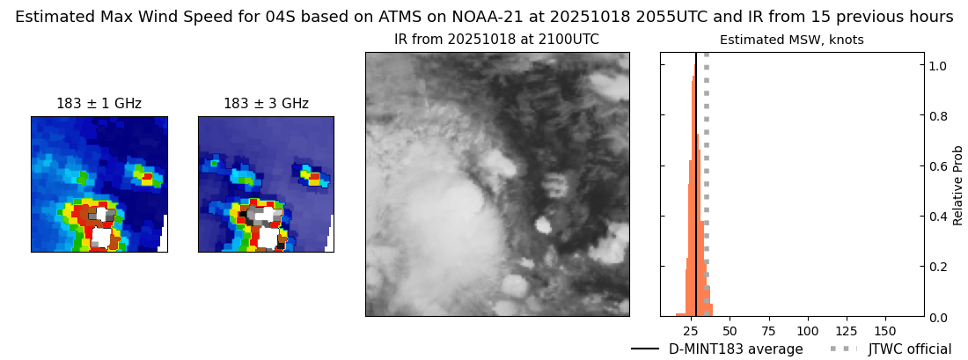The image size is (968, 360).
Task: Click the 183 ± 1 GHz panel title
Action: [x=99, y=104]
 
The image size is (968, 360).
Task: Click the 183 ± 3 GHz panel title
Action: [x=266, y=104]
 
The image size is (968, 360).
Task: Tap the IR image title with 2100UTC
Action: [x=497, y=40]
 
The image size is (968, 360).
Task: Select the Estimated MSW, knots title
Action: [x=792, y=40]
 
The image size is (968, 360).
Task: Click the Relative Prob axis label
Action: [x=957, y=185]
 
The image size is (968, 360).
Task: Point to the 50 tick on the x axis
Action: [x=730, y=328]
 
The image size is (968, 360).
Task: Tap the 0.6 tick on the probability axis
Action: [x=936, y=165]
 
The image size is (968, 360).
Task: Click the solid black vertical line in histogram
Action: [x=696, y=185]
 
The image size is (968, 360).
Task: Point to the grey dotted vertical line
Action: [x=707, y=185]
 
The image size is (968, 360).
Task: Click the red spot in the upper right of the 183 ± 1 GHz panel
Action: [x=147, y=177]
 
